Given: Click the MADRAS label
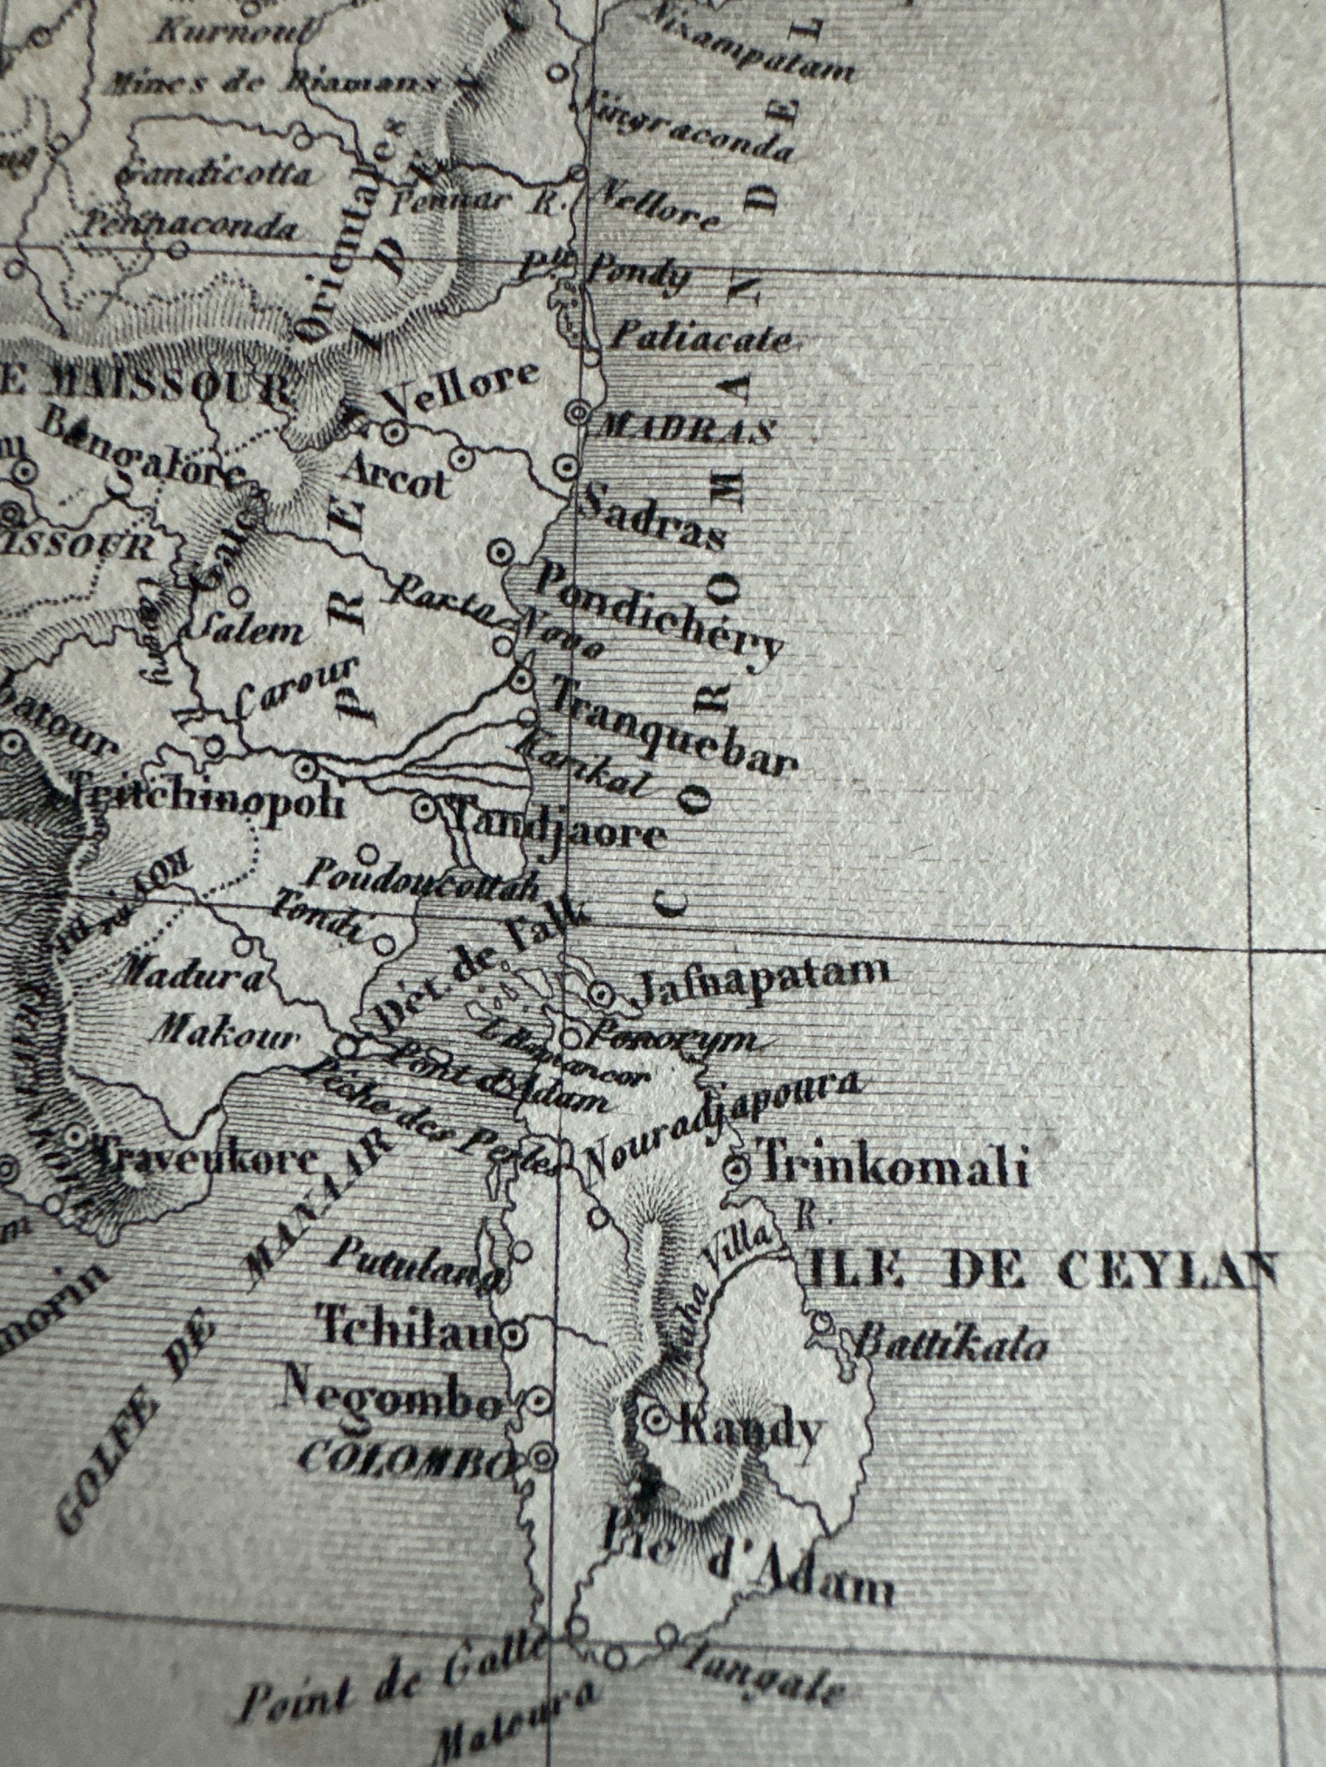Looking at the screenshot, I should [686, 430].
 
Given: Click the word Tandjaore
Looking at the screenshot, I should [560, 833].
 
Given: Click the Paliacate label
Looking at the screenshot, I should [702, 340].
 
